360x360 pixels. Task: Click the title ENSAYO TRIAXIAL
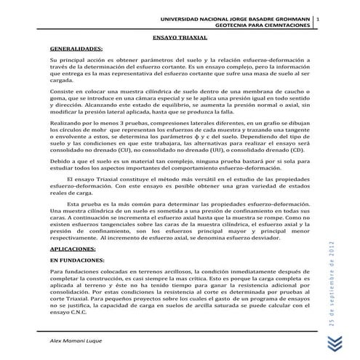[x=180, y=35]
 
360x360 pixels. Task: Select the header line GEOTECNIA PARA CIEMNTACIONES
[x=258, y=25]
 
